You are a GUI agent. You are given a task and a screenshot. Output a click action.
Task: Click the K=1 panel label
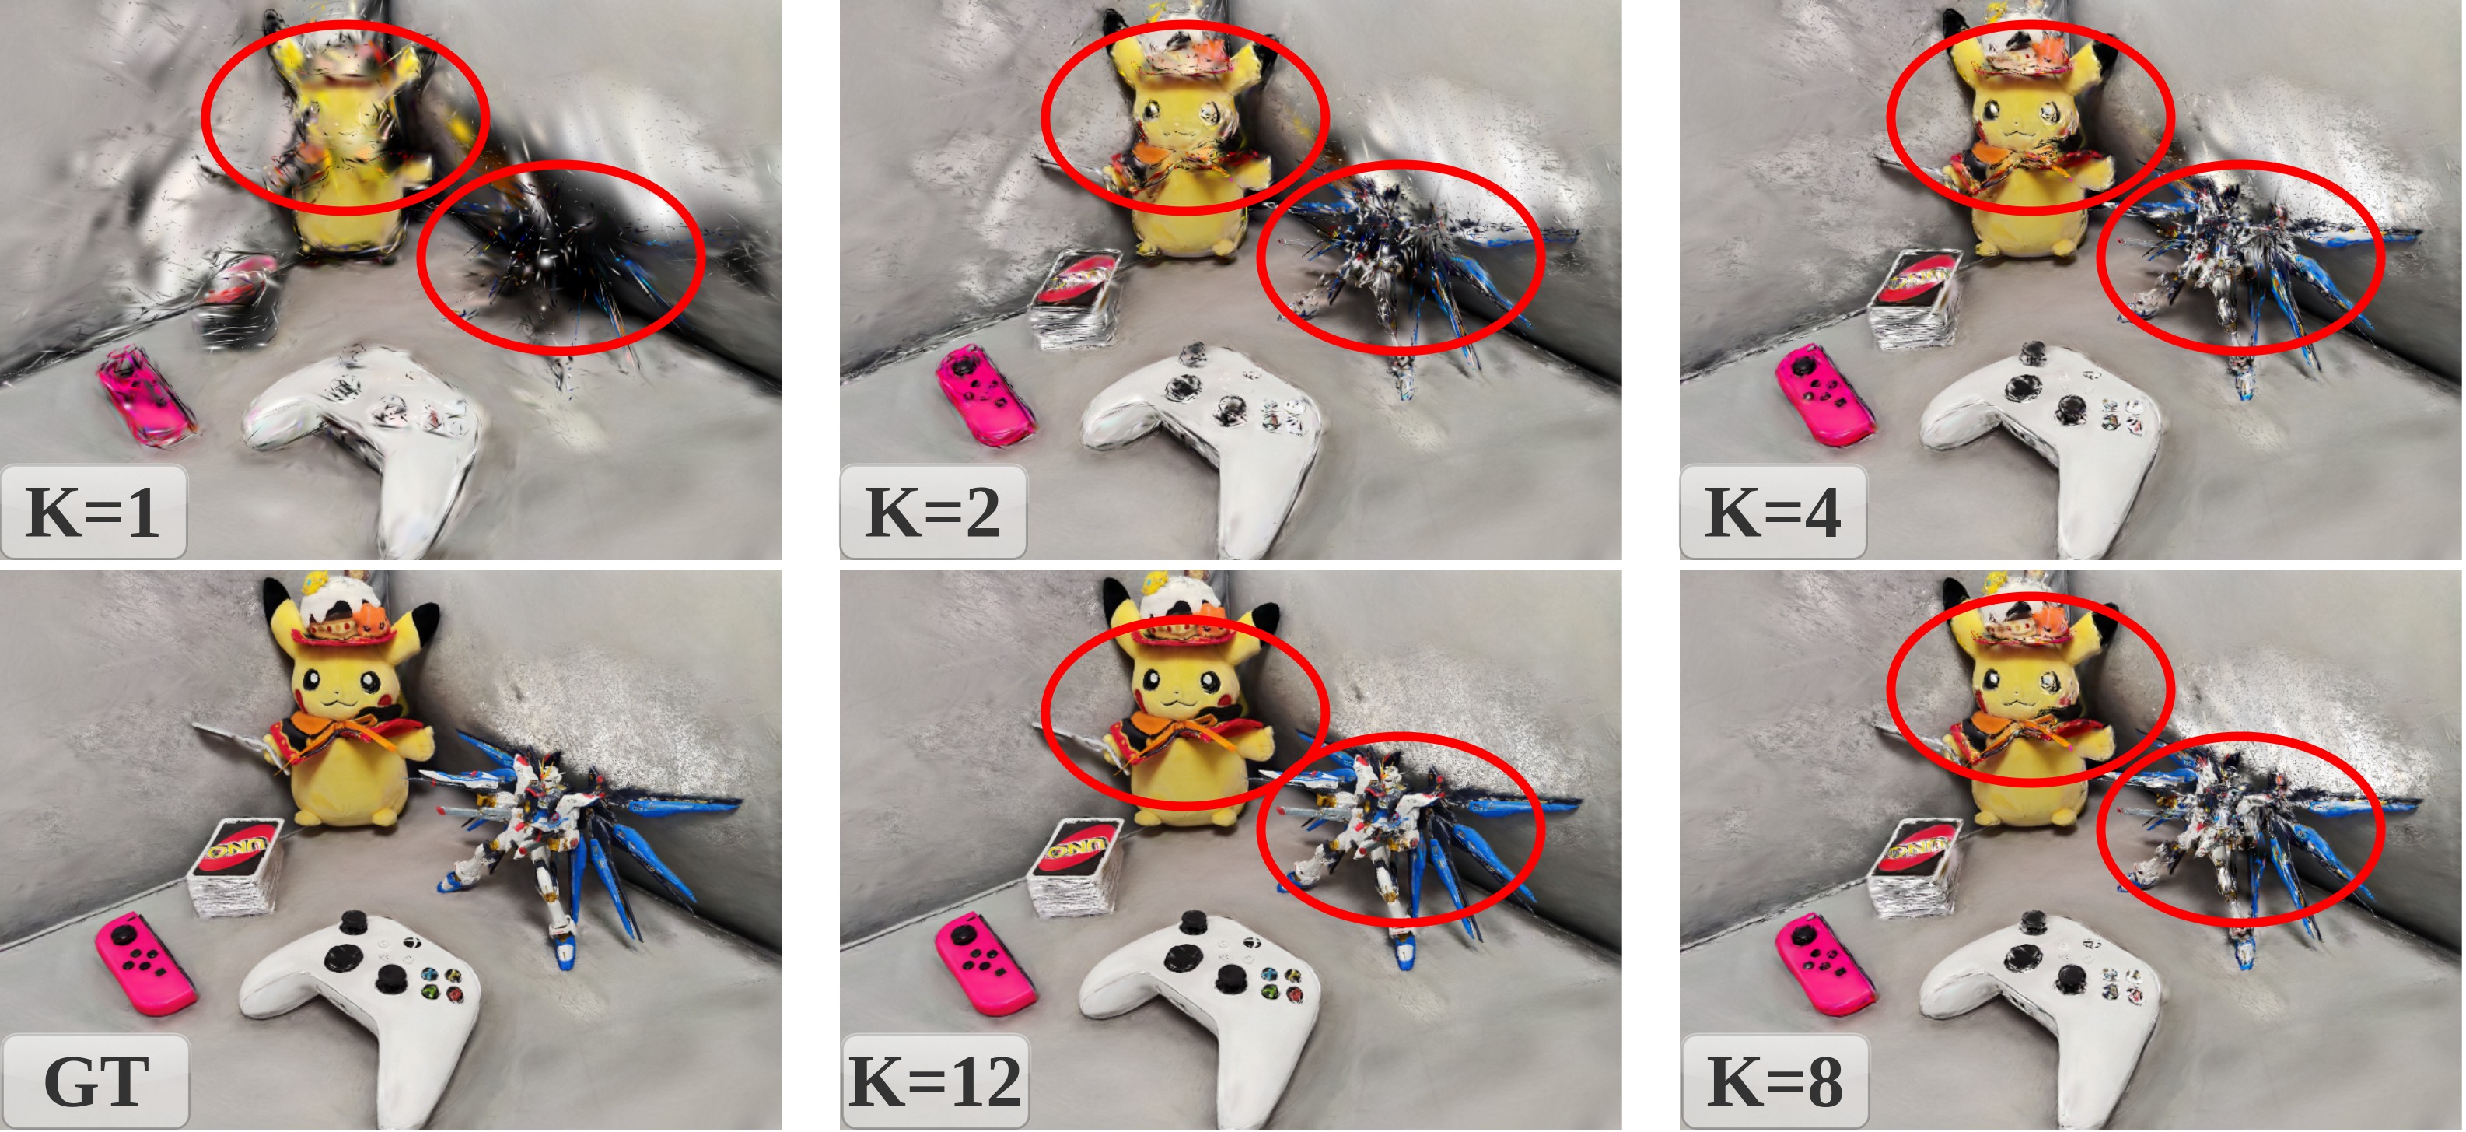coord(92,513)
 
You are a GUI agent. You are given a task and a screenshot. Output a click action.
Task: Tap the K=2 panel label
coord(932,513)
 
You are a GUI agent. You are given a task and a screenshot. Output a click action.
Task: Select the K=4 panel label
coord(1773,513)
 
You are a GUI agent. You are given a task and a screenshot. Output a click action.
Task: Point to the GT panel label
coord(96,1081)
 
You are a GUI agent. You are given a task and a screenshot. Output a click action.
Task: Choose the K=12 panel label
coord(934,1081)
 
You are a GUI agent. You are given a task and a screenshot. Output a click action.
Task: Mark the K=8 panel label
coord(1775,1081)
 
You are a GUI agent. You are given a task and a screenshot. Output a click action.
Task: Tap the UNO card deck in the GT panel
coord(236,867)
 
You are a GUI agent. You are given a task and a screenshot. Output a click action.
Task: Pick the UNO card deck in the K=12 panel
coord(1076,867)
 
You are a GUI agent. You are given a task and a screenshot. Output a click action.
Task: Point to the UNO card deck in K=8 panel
coord(1915,867)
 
